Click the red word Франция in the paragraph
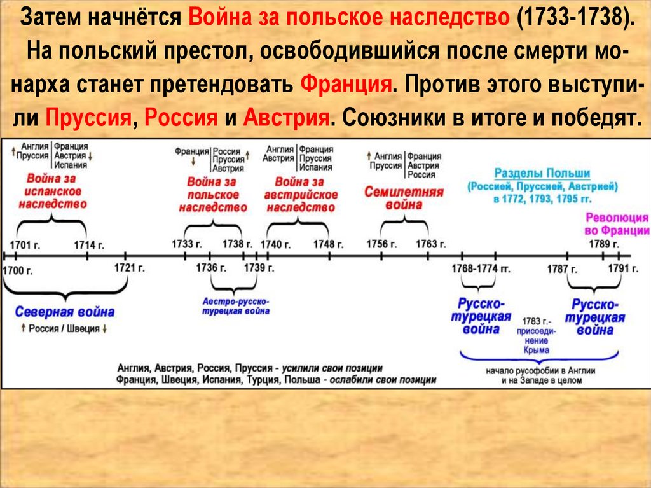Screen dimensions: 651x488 pyautogui.click(x=345, y=85)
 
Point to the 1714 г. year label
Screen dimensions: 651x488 pyautogui.click(x=88, y=244)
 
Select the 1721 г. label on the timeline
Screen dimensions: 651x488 pyautogui.click(x=130, y=267)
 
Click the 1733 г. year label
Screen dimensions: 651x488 pyautogui.click(x=187, y=244)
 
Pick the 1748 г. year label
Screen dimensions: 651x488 pyautogui.click(x=329, y=244)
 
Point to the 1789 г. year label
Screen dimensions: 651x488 pyautogui.click(x=604, y=244)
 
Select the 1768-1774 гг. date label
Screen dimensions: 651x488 pyautogui.click(x=481, y=268)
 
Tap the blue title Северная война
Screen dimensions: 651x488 pyautogui.click(x=65, y=312)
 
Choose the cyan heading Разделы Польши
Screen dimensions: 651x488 pyautogui.click(x=542, y=173)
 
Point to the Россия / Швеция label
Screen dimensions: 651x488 pyautogui.click(x=61, y=329)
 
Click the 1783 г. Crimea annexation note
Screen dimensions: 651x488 pyautogui.click(x=538, y=335)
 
